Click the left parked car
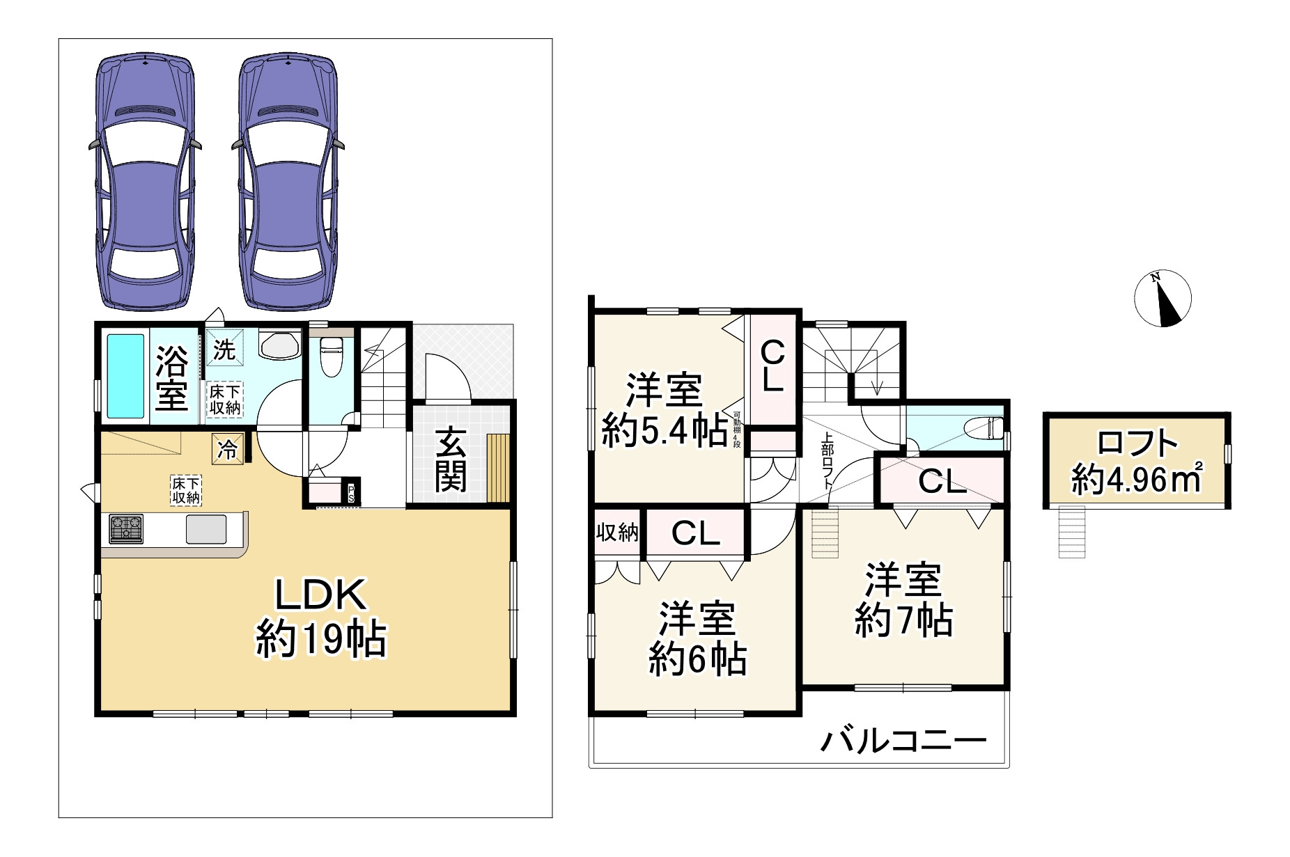pyautogui.click(x=145, y=182)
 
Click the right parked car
pyautogui.click(x=288, y=182)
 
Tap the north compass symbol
pyautogui.click(x=1163, y=299)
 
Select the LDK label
pyautogui.click(x=320, y=595)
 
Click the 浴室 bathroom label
pyautogui.click(x=171, y=377)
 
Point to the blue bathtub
pyautogui.click(x=125, y=376)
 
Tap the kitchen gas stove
pyautogui.click(x=126, y=528)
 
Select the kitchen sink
pyautogui.click(x=207, y=529)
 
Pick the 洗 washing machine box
pyautogui.click(x=224, y=349)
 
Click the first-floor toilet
pyautogui.click(x=330, y=356)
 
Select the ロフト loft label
pyautogui.click(x=1137, y=443)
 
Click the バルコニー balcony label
pyautogui.click(x=903, y=741)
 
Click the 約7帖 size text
pyautogui.click(x=903, y=620)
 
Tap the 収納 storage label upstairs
pyautogui.click(x=617, y=533)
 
